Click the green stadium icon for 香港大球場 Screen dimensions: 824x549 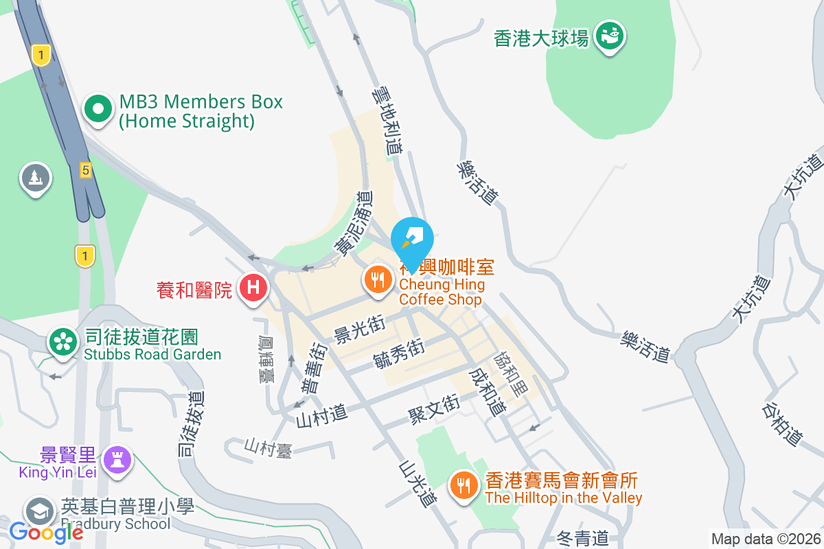(609, 34)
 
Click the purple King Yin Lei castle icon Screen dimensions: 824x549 (117, 459)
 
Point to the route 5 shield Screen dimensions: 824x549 (85, 170)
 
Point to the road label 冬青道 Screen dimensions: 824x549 (582, 538)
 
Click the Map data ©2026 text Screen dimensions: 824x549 (765, 539)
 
